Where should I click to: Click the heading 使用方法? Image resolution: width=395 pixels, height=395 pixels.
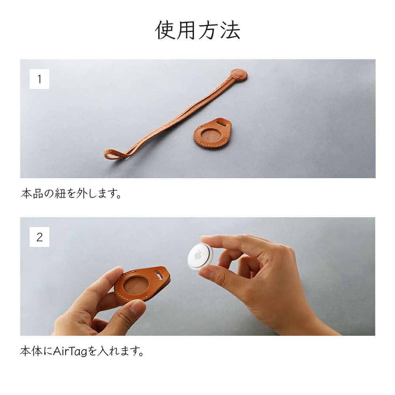pyautogui.click(x=197, y=30)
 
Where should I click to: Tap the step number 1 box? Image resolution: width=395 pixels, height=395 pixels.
pyautogui.click(x=39, y=79)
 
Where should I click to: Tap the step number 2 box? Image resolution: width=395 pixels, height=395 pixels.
pyautogui.click(x=39, y=237)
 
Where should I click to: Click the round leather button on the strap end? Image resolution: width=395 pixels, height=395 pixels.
pyautogui.click(x=239, y=75)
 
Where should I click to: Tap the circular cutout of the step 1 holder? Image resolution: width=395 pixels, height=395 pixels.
pyautogui.click(x=211, y=135)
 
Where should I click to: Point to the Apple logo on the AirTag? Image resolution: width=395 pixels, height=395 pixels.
pyautogui.click(x=198, y=254)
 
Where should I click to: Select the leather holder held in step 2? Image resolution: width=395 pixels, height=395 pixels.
pyautogui.click(x=142, y=284)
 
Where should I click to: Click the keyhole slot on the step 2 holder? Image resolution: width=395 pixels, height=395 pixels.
pyautogui.click(x=159, y=274)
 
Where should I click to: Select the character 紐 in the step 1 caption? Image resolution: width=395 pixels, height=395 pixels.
pyautogui.click(x=60, y=194)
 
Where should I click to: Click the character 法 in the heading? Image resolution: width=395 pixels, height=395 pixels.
pyautogui.click(x=231, y=30)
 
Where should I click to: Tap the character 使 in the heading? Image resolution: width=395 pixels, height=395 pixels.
pyautogui.click(x=165, y=30)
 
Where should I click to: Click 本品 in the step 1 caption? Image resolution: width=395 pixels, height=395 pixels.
pyautogui.click(x=32, y=194)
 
